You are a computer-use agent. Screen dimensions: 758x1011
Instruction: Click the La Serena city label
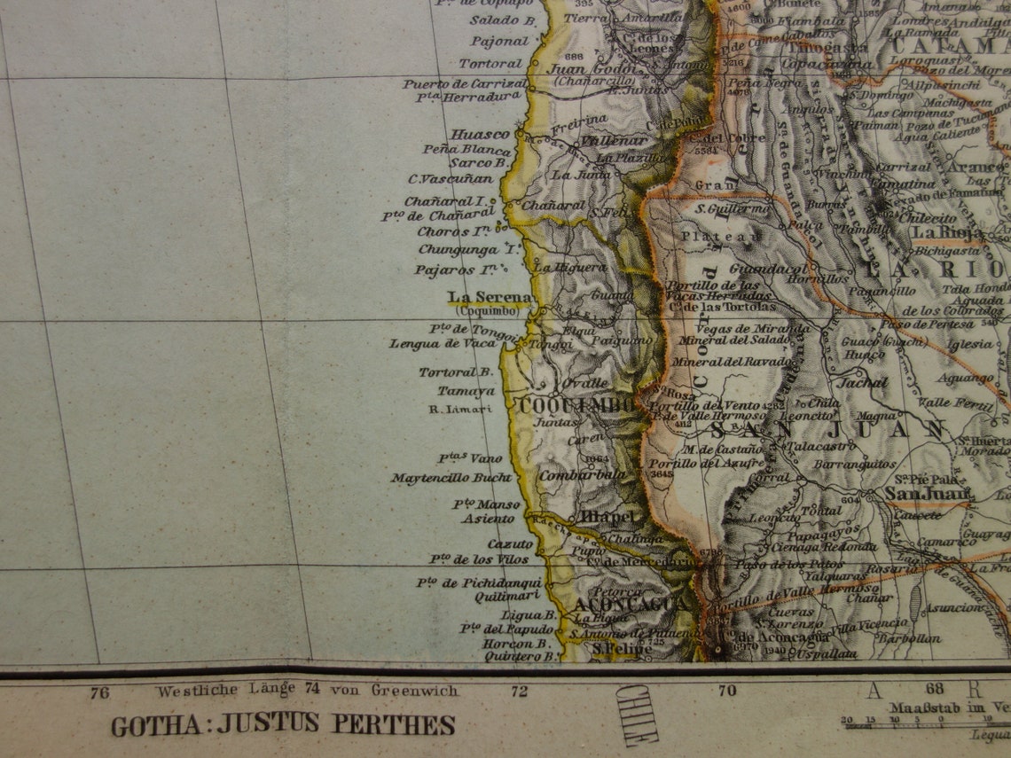tap(490, 297)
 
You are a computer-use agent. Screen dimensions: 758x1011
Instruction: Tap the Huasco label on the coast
tap(481, 134)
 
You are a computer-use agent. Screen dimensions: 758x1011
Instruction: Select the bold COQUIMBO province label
tap(577, 405)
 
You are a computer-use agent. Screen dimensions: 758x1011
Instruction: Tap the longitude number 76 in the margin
tap(99, 692)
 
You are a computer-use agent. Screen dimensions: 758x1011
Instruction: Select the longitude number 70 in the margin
tap(727, 691)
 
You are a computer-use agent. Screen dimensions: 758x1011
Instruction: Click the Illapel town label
tap(608, 516)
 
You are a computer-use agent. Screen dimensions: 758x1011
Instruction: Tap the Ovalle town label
tap(584, 383)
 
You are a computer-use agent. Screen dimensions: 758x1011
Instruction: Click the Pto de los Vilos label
tap(479, 559)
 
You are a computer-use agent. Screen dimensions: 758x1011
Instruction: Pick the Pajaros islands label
tap(461, 270)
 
